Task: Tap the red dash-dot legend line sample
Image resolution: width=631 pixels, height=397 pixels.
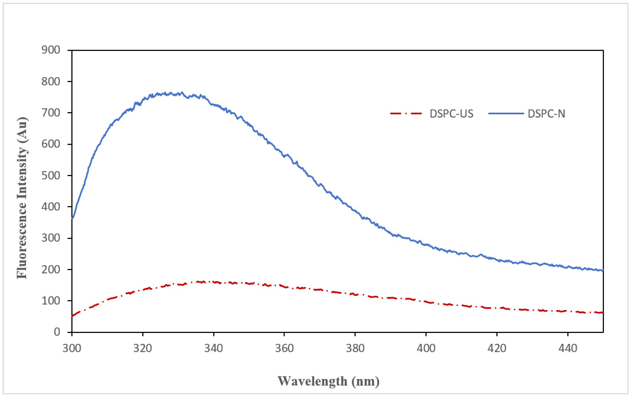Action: tap(406, 114)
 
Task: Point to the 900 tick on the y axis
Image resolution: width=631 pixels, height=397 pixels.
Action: tap(51, 50)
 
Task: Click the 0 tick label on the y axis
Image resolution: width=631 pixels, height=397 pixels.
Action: tap(57, 332)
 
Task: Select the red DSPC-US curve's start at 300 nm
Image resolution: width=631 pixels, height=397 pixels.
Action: tap(73, 316)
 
